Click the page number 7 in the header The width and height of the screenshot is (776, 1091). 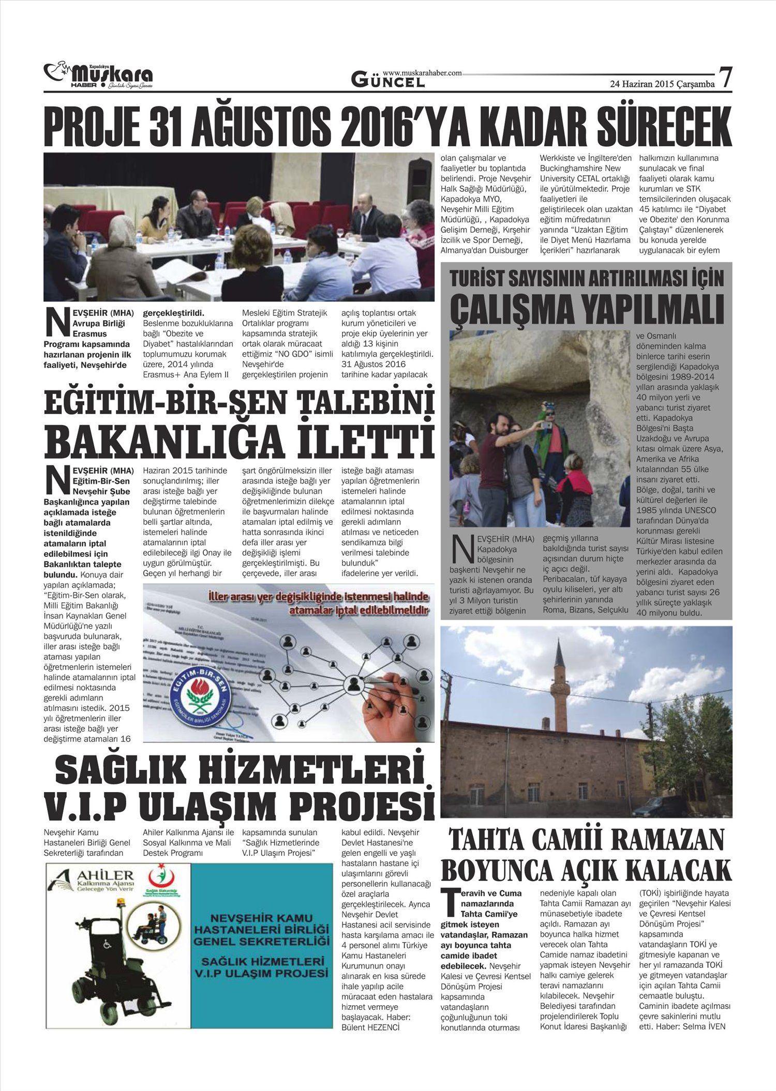click(x=726, y=79)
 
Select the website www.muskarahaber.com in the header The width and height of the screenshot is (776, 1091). click(x=422, y=73)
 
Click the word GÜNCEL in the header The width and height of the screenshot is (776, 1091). click(x=388, y=81)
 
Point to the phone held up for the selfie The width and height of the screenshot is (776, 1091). click(x=545, y=425)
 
